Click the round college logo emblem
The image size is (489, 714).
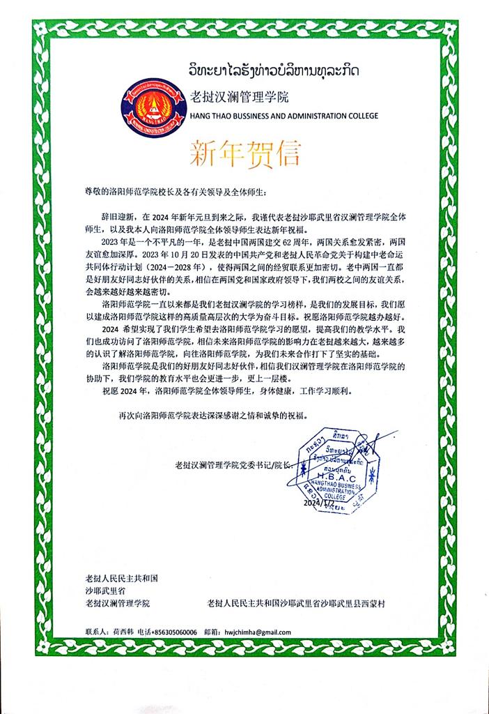[151, 107]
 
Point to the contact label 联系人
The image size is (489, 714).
[95, 630]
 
